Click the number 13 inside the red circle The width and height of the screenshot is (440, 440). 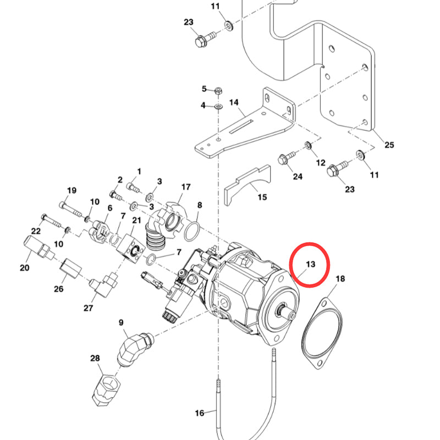[310, 265]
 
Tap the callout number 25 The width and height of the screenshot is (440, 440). [389, 145]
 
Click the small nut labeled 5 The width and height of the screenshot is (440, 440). [218, 90]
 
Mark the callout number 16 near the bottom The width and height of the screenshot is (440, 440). [199, 413]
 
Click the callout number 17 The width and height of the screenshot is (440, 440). [185, 186]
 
